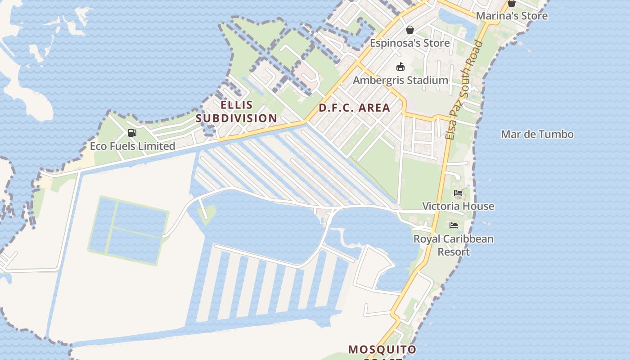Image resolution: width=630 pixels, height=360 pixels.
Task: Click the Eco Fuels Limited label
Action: (x=132, y=146)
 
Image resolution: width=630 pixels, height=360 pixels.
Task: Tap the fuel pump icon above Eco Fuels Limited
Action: (x=132, y=133)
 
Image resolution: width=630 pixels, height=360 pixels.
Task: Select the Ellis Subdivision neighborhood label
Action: (x=236, y=112)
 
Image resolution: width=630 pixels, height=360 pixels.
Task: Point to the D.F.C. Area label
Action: (x=354, y=108)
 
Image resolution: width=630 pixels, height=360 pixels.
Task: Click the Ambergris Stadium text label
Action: (x=400, y=80)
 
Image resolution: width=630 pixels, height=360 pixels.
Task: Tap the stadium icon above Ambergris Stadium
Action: (x=400, y=67)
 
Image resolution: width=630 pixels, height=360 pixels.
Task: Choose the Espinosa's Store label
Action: (x=409, y=43)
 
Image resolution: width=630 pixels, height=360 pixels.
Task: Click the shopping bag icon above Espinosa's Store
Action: (x=410, y=30)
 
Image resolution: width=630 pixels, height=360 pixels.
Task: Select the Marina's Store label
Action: (x=512, y=16)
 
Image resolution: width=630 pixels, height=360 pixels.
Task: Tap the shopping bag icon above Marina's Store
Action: (x=511, y=3)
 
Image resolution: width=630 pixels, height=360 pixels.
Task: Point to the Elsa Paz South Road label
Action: (x=463, y=90)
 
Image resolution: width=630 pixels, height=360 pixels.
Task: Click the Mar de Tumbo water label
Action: (x=537, y=134)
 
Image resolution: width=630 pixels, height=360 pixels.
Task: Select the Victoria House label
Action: (x=458, y=206)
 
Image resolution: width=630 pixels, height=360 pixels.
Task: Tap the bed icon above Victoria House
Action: (x=458, y=193)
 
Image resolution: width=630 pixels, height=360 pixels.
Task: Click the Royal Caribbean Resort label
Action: (x=454, y=245)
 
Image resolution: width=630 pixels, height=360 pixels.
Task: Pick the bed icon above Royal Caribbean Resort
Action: (x=454, y=225)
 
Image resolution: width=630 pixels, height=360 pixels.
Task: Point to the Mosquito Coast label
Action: (x=382, y=350)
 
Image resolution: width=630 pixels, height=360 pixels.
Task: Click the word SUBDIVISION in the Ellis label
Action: (x=236, y=118)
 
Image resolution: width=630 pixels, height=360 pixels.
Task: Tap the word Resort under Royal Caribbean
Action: (x=454, y=252)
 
